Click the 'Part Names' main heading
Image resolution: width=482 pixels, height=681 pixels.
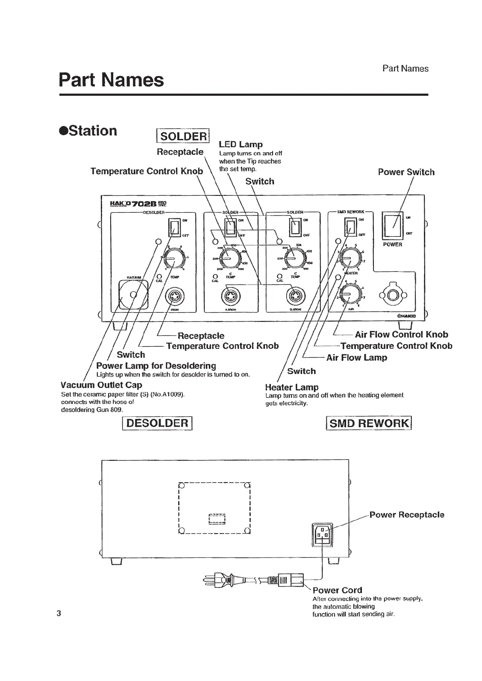tap(111, 80)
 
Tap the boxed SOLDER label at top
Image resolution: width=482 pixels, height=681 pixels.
tap(183, 136)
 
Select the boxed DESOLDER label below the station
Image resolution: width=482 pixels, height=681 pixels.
tap(157, 423)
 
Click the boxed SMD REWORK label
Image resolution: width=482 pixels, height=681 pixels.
tap(368, 423)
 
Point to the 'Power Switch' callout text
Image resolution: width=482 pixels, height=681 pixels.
tap(406, 172)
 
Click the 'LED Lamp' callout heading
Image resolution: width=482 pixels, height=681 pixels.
tap(241, 144)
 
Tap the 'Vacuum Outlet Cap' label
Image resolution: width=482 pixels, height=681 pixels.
tap(101, 385)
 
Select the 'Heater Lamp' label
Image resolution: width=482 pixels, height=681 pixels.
tap(292, 387)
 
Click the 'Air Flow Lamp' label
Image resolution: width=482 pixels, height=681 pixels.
tap(356, 358)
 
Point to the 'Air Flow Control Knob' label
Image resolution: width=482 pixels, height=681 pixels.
tap(401, 334)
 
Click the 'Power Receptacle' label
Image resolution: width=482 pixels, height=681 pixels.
tap(406, 515)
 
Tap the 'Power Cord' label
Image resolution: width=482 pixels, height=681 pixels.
tap(337, 590)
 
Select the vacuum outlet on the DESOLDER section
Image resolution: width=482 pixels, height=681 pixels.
tap(133, 294)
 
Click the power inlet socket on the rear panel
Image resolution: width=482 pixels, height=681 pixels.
tap(323, 534)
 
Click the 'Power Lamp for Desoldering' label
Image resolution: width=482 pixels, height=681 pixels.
tap(156, 366)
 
